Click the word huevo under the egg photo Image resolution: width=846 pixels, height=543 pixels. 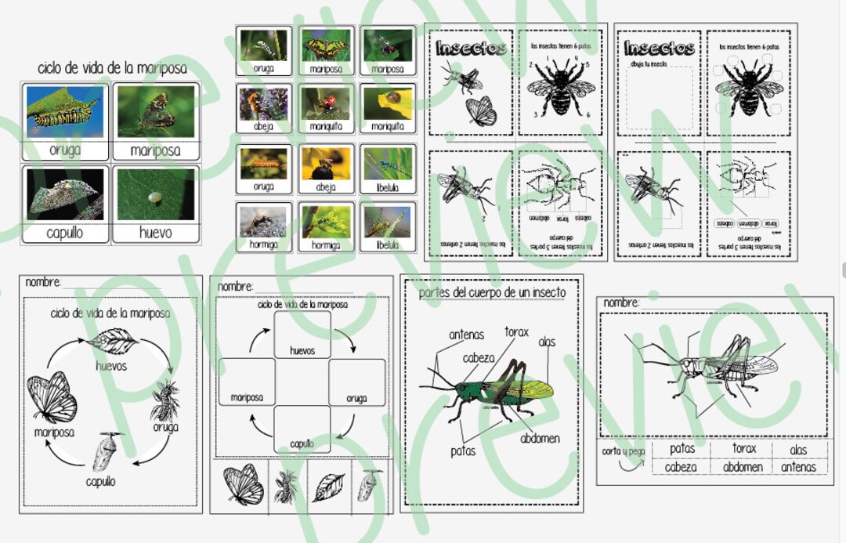155,232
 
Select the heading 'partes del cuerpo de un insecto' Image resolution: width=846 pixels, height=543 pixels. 492,292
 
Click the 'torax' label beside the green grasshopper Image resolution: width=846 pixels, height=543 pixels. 516,331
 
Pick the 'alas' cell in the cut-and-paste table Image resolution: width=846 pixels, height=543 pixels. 798,449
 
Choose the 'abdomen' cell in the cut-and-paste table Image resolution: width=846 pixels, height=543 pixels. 743,466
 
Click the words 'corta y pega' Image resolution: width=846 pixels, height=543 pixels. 624,451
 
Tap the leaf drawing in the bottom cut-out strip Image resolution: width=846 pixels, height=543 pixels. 328,487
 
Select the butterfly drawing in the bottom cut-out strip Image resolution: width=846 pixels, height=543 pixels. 244,485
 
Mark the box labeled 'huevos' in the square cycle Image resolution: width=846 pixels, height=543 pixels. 302,335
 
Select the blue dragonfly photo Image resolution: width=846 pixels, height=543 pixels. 387,165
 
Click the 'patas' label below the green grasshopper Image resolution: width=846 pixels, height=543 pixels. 462,451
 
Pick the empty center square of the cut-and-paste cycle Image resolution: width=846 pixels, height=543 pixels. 302,382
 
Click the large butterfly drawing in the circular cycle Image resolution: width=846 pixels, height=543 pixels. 53,396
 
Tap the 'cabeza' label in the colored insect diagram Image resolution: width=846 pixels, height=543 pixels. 478,358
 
